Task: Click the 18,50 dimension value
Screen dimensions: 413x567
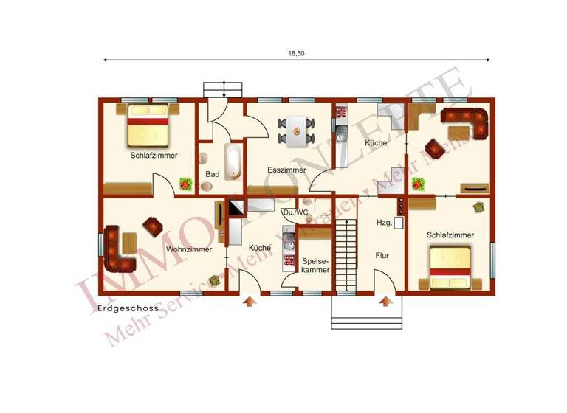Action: point(295,53)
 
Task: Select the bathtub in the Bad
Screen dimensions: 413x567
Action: point(233,162)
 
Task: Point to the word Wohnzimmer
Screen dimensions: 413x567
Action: point(190,249)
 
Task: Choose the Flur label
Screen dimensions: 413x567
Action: point(382,256)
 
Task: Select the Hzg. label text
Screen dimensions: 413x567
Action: point(384,222)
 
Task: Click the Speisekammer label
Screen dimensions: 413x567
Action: point(315,265)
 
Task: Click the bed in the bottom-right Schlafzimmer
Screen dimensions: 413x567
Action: point(451,268)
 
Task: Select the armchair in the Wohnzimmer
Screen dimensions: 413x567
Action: point(154,226)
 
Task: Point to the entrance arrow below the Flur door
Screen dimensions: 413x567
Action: point(385,301)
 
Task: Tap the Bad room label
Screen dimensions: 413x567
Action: point(213,173)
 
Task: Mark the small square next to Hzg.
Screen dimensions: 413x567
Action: point(399,221)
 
